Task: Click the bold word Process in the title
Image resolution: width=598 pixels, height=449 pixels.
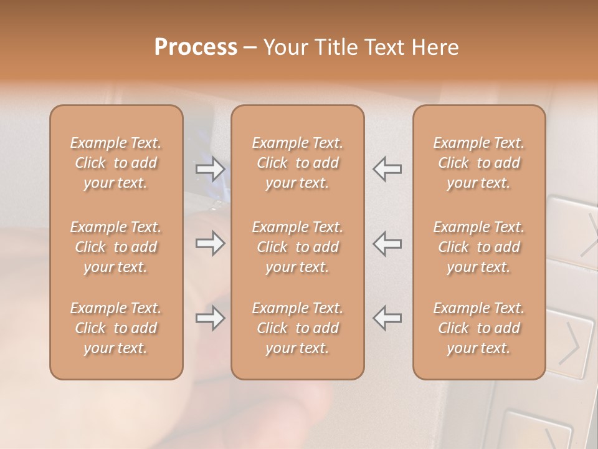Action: (x=196, y=47)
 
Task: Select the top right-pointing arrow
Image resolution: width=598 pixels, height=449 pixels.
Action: (x=210, y=168)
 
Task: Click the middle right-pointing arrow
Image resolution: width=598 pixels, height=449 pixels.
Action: (x=210, y=243)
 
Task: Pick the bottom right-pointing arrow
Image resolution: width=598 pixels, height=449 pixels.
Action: (x=210, y=318)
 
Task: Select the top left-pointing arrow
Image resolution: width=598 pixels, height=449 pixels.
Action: (x=387, y=168)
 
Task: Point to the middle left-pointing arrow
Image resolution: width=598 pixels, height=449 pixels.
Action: (x=387, y=243)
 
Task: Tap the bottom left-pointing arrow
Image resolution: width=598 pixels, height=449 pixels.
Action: (x=387, y=318)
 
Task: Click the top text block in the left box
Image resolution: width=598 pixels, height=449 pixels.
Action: (x=116, y=163)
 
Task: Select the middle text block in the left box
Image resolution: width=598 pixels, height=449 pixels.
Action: (x=116, y=247)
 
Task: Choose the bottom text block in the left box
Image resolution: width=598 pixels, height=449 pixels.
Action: (x=116, y=328)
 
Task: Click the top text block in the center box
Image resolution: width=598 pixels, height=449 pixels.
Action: (x=297, y=163)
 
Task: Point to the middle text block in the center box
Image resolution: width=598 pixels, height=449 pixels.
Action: (x=297, y=247)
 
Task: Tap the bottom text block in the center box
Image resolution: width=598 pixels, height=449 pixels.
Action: (x=297, y=328)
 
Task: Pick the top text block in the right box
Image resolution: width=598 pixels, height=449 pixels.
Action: (x=479, y=163)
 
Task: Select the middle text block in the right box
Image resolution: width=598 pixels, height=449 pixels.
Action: (x=479, y=247)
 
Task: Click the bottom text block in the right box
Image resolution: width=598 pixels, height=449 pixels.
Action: (x=479, y=328)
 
